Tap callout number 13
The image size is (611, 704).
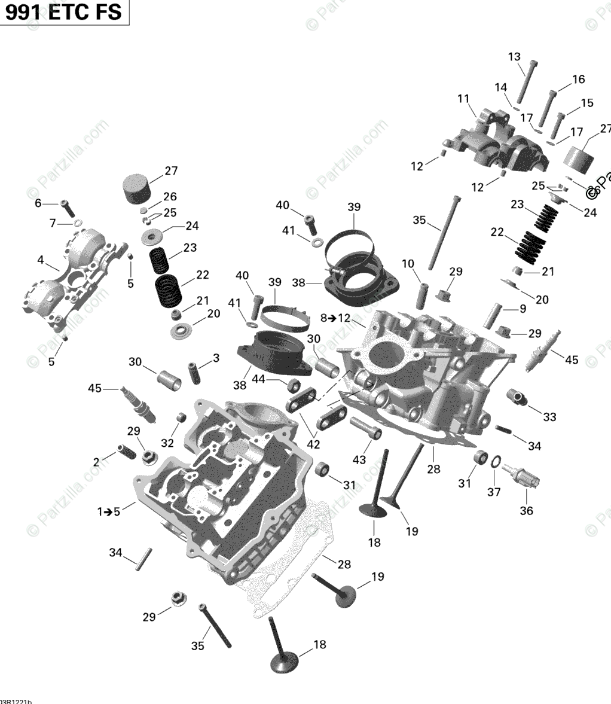(515, 57)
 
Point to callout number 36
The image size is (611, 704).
(527, 510)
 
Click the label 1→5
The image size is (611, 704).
(109, 511)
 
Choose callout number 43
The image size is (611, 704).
(359, 459)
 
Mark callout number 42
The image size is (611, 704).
(313, 444)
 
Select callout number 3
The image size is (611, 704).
(216, 358)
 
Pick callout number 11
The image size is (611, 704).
(463, 99)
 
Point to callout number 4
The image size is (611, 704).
(40, 260)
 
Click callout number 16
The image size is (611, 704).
(578, 79)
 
